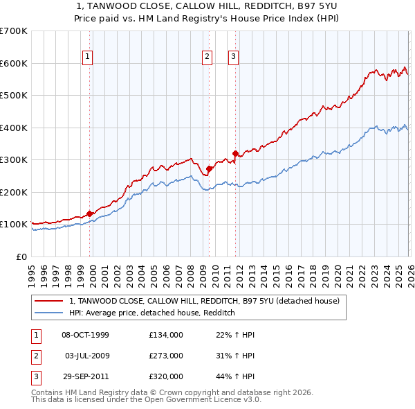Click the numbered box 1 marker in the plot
tap(89, 58)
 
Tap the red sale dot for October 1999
tap(89, 214)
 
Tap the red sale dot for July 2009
tap(209, 168)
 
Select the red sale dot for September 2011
tap(235, 153)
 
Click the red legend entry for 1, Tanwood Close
tap(204, 302)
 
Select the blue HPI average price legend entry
tap(152, 313)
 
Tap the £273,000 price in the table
tap(166, 356)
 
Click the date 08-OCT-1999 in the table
tap(85, 335)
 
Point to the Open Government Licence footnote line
tap(146, 400)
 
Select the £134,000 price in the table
tap(166, 335)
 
